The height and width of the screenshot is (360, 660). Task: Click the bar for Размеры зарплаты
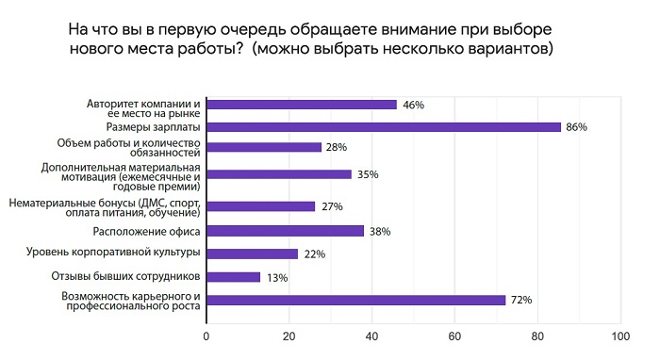coord(383,126)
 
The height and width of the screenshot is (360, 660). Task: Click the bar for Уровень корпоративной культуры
coord(252,254)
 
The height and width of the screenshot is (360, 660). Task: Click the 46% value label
coord(412,105)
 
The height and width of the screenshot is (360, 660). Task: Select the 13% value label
coord(275,277)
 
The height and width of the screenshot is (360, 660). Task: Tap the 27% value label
coord(331,206)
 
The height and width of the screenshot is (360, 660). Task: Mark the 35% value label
coord(366,173)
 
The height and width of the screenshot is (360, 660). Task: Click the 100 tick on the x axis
coord(619,335)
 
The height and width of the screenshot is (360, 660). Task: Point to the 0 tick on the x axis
coord(206,335)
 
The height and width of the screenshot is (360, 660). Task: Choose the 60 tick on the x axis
coord(454,335)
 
